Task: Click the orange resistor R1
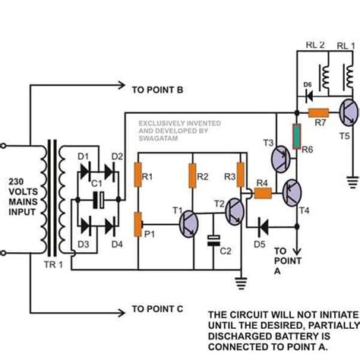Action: (139, 176)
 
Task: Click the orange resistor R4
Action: (263, 193)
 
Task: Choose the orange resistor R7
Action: (317, 112)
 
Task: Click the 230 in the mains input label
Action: (20, 182)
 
